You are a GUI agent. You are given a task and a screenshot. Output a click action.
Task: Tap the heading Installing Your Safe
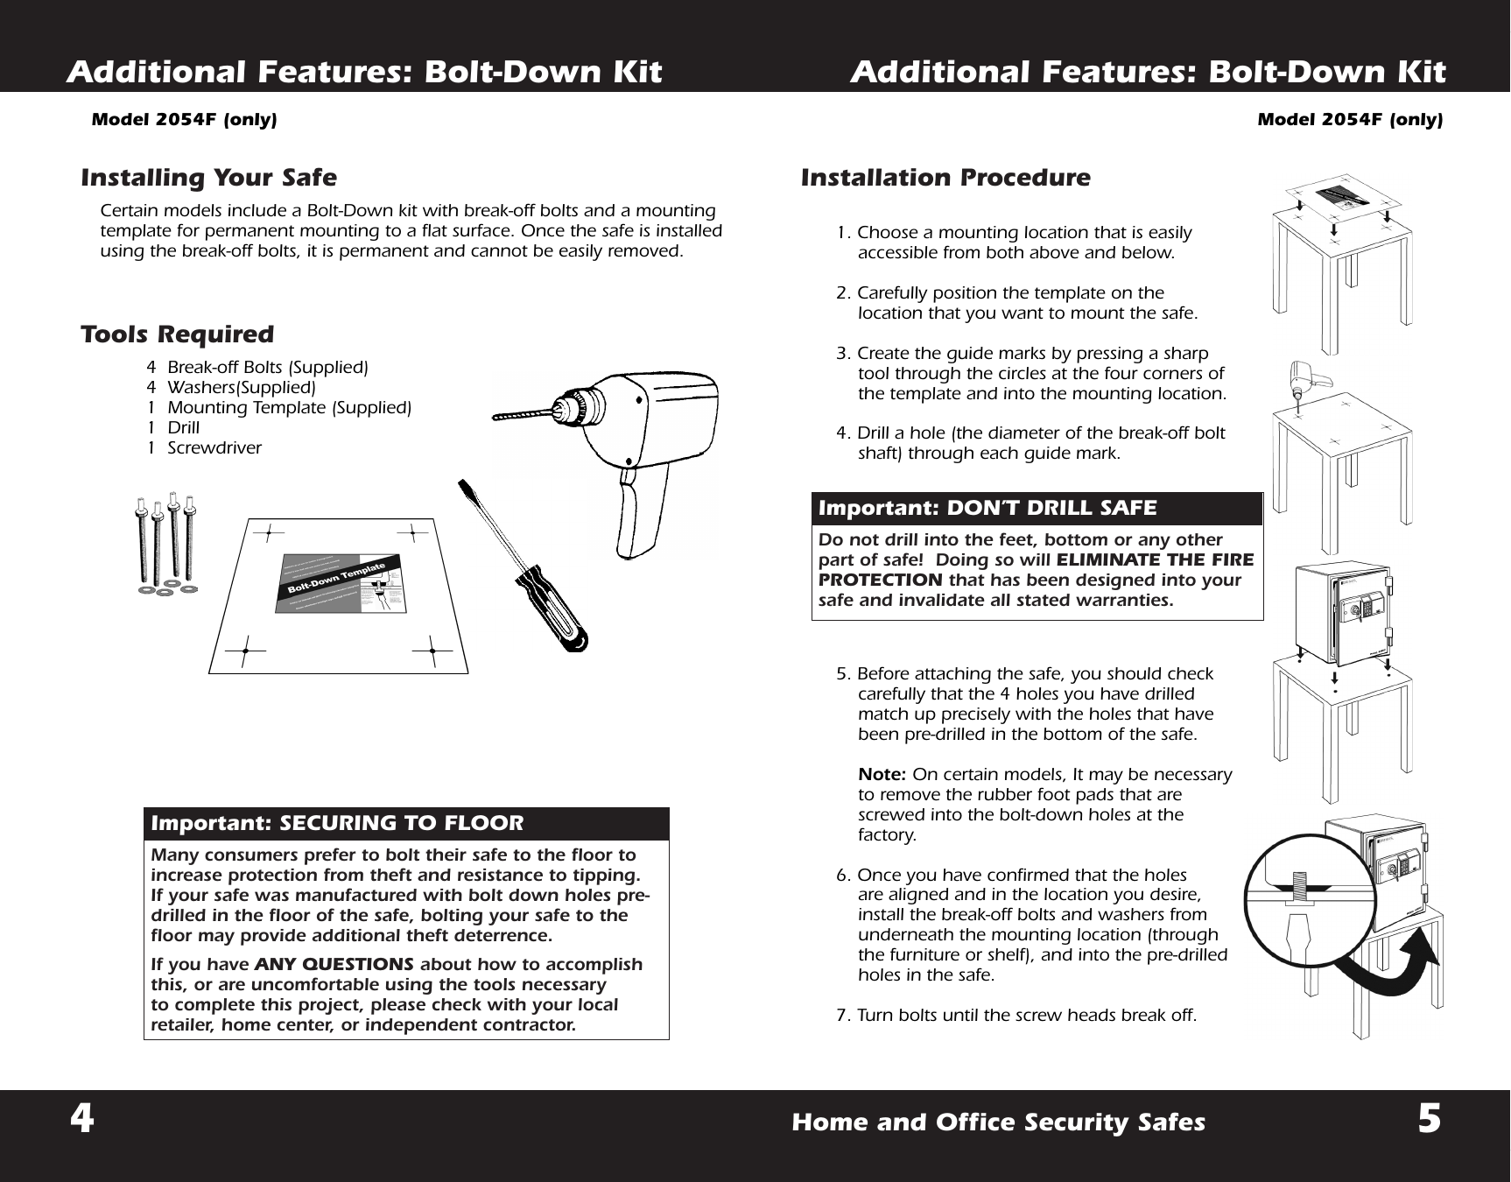(x=208, y=178)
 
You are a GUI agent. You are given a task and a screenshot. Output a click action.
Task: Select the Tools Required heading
(x=177, y=334)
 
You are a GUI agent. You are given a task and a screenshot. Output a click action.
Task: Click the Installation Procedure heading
(x=945, y=178)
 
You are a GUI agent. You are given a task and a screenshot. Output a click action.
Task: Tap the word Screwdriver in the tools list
(x=214, y=448)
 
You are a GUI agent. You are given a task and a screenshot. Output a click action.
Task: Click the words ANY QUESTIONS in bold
(x=334, y=964)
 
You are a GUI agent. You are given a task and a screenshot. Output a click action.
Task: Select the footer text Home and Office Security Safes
(x=998, y=1122)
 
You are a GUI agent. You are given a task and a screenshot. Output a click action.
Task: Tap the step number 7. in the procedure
(x=845, y=1016)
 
